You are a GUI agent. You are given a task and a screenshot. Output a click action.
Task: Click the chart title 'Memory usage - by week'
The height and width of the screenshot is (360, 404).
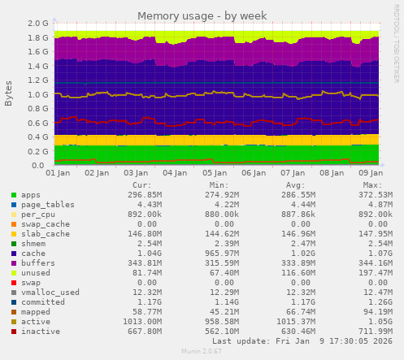(202, 16)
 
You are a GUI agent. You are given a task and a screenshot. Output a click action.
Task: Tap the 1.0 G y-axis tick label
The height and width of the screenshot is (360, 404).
(37, 95)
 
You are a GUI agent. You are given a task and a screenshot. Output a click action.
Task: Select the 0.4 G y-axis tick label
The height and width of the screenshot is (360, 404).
(37, 137)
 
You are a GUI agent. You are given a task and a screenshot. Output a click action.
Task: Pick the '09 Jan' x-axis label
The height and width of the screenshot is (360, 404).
(370, 174)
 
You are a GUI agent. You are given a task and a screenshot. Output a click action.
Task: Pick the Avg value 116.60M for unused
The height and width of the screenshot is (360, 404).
(295, 271)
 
